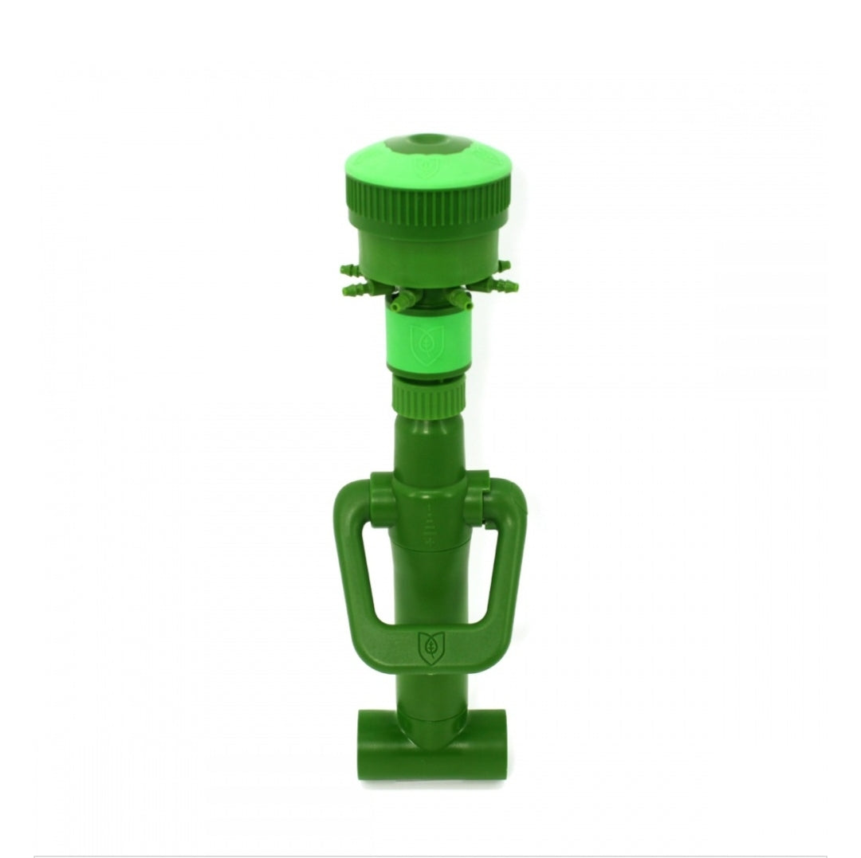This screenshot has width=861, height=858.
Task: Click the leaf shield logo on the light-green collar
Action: [x=421, y=343]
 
